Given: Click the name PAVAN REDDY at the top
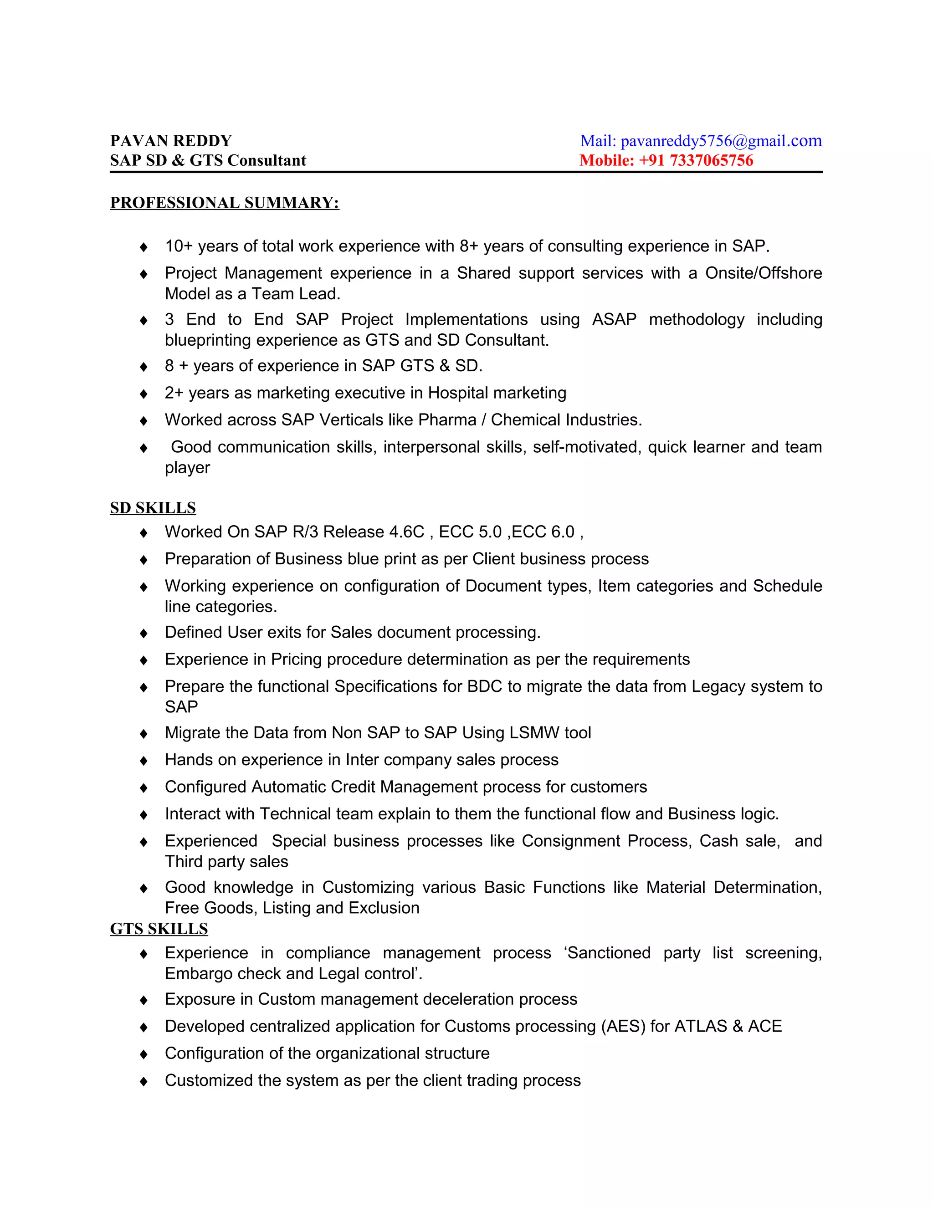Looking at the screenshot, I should click(171, 141).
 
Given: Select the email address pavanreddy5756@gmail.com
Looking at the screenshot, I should click(721, 141).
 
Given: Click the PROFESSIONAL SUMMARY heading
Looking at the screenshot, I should click(225, 203).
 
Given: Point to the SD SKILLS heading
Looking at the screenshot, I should click(153, 507).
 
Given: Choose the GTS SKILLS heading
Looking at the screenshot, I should click(159, 928).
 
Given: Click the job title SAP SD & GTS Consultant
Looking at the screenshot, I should click(208, 160).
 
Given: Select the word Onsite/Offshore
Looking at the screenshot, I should click(764, 273).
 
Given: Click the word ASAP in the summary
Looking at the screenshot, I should click(614, 319).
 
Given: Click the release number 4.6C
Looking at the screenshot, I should click(406, 532).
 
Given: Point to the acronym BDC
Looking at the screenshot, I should click(485, 686).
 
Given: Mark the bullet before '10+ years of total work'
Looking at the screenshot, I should click(144, 247).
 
